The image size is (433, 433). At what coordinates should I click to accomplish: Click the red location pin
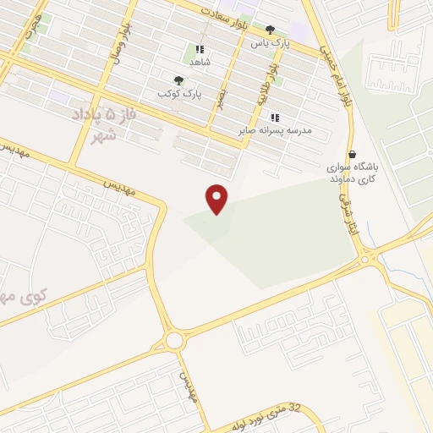(x=217, y=197)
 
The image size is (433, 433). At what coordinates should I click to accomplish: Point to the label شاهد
(x=200, y=62)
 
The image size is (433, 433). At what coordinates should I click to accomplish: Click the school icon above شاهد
(x=200, y=49)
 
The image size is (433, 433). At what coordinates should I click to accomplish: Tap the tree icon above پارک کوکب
(x=178, y=80)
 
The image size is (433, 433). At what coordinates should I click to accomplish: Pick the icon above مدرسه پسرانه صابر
(x=273, y=117)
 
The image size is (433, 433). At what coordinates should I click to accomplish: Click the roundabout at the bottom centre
(x=175, y=341)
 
